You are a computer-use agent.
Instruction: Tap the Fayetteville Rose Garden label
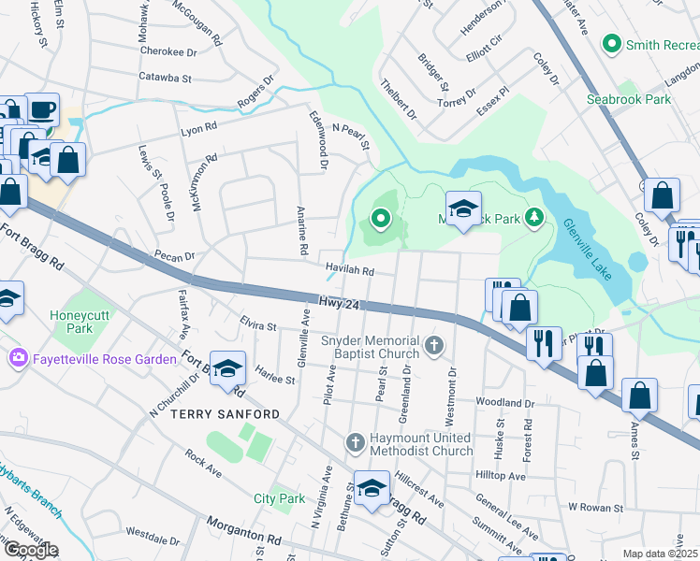click(x=105, y=359)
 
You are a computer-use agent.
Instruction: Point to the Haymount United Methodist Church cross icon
click(x=354, y=441)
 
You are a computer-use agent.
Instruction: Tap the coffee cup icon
click(x=41, y=109)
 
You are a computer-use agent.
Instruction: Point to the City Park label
click(x=279, y=499)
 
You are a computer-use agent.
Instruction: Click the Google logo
click(x=31, y=551)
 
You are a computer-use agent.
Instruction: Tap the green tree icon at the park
click(x=533, y=218)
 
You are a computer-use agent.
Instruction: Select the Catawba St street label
click(x=164, y=78)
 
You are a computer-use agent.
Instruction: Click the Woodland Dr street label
click(x=504, y=403)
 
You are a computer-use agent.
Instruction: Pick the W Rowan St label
click(x=596, y=508)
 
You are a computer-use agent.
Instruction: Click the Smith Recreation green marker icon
click(x=613, y=43)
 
